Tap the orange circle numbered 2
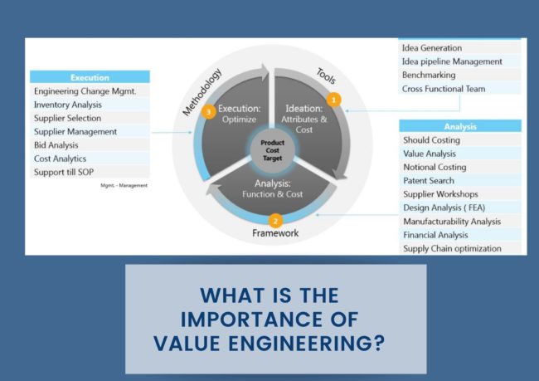click(276, 221)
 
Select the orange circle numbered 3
click(209, 111)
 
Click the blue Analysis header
click(459, 126)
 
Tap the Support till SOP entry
click(67, 172)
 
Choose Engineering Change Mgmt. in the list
click(85, 91)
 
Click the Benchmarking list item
click(429, 75)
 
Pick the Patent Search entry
click(429, 180)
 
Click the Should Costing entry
click(431, 140)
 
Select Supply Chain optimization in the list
click(452, 248)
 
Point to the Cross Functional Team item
click(444, 88)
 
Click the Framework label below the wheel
click(275, 234)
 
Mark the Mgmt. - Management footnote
click(124, 185)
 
